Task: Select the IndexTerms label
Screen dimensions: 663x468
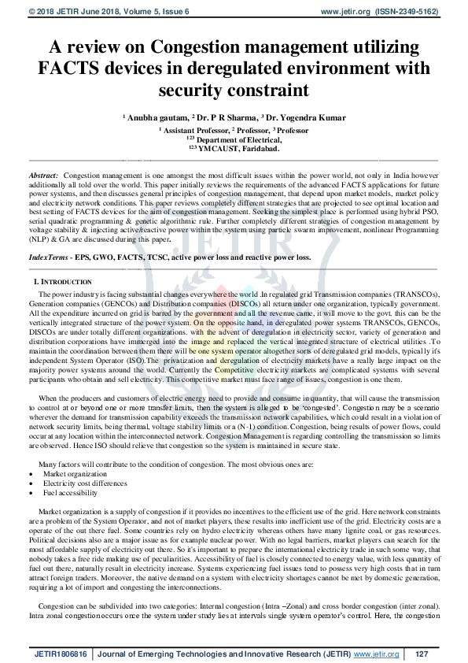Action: coord(47,235)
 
